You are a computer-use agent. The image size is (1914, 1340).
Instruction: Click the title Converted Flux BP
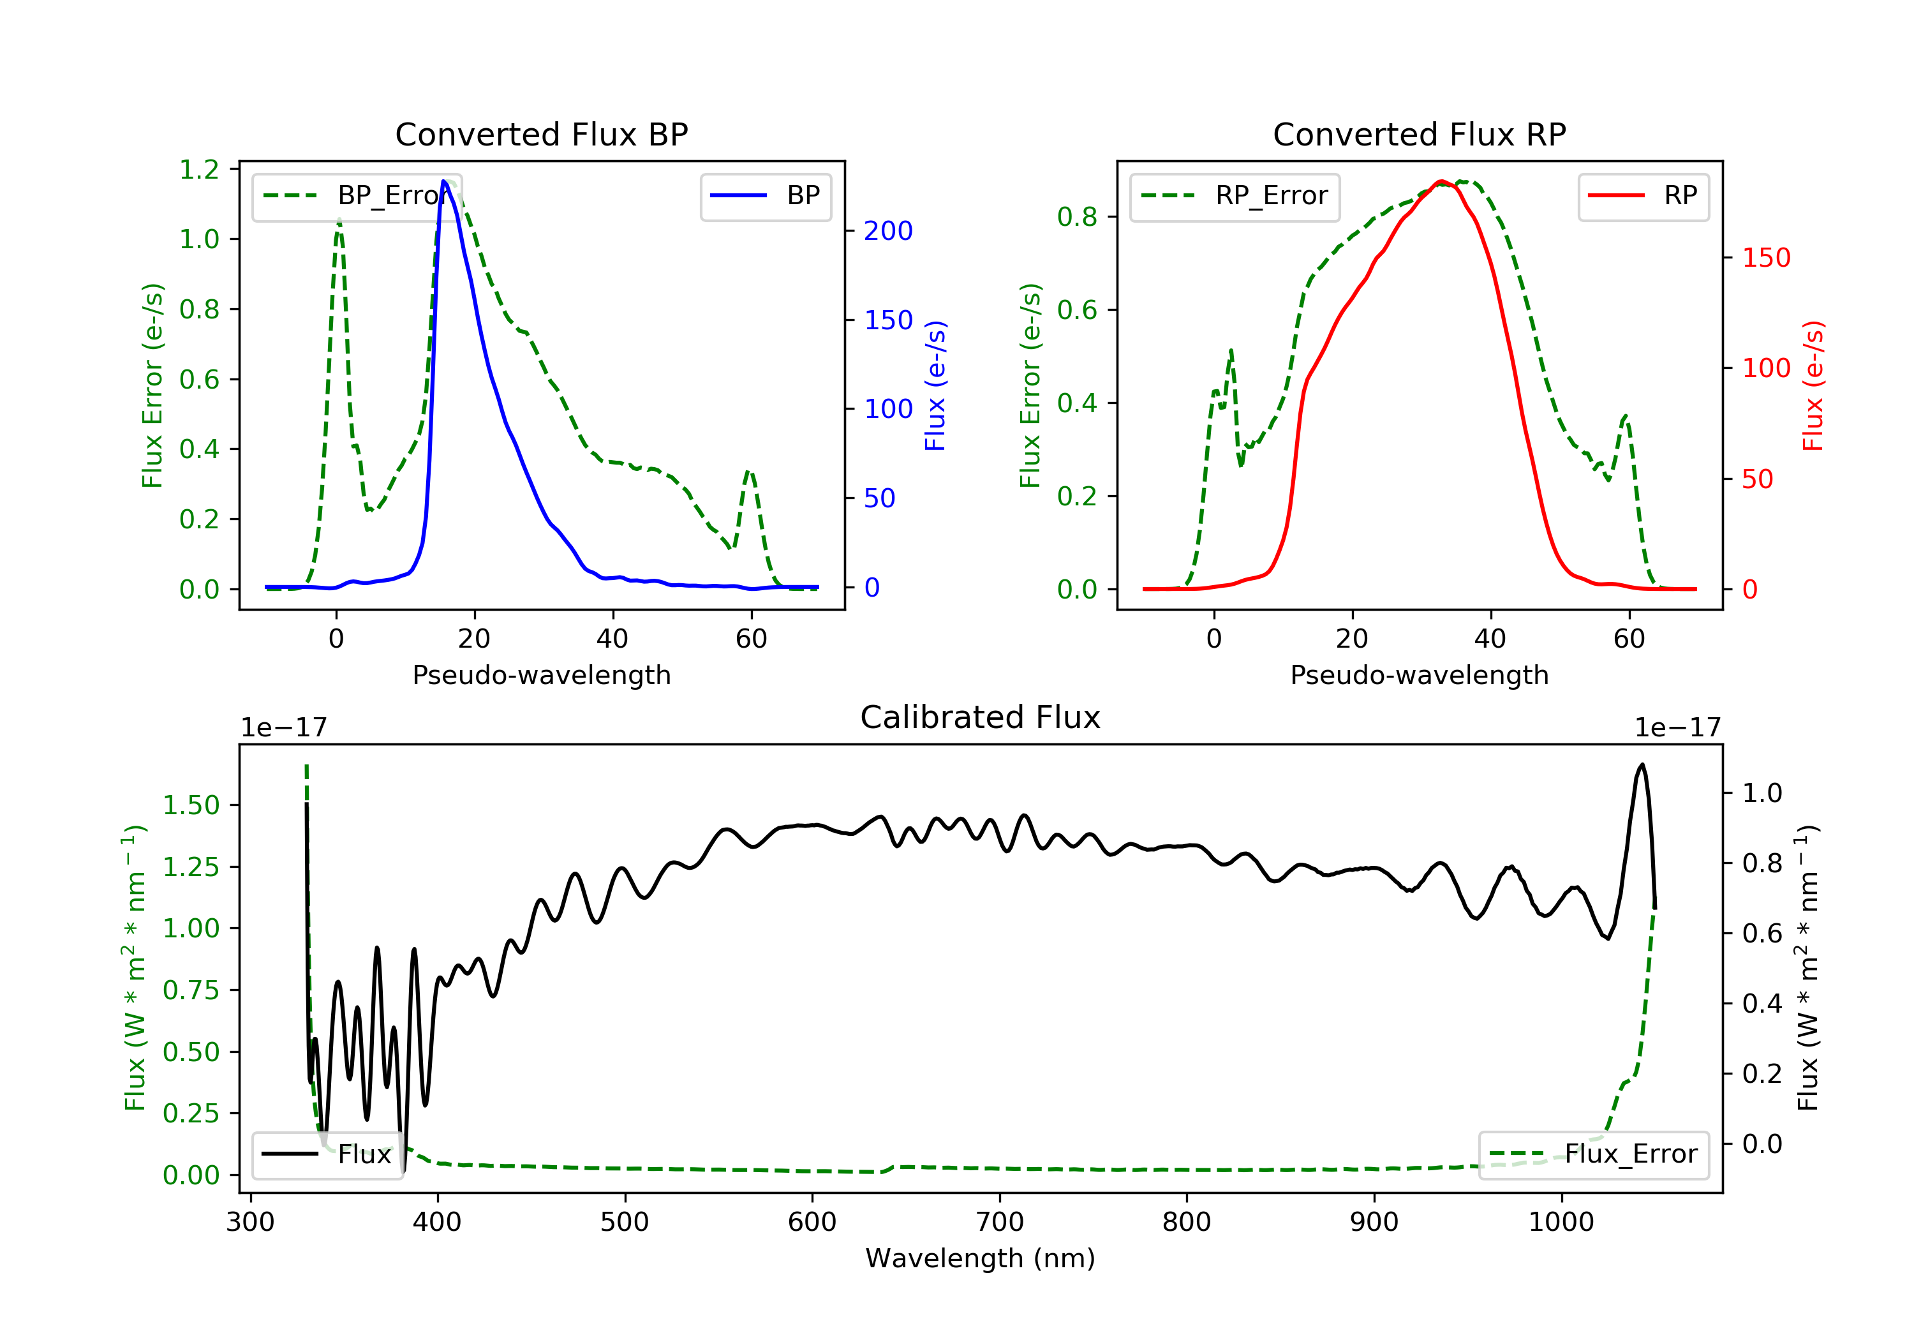(542, 134)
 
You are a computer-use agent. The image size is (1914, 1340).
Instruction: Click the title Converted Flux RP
(1420, 134)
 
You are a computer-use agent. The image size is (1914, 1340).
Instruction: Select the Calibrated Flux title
(981, 717)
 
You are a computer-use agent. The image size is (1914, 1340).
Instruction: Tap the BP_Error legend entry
(357, 196)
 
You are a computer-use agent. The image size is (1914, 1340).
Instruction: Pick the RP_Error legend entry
(1235, 196)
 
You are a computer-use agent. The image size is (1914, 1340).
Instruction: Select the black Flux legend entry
(327, 1154)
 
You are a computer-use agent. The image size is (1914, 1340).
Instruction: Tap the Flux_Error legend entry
(1594, 1154)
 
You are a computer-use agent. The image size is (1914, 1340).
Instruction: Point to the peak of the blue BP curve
(444, 181)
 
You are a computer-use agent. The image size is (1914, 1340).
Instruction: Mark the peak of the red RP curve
(1441, 181)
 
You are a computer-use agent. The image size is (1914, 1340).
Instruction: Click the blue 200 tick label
(888, 231)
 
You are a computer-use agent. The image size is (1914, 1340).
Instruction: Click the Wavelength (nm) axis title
(981, 1258)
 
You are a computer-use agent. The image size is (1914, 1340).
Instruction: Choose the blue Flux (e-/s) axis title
(935, 386)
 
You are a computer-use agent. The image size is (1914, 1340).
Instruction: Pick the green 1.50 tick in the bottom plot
(191, 805)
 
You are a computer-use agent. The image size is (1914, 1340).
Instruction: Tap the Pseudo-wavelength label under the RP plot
(1420, 674)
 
